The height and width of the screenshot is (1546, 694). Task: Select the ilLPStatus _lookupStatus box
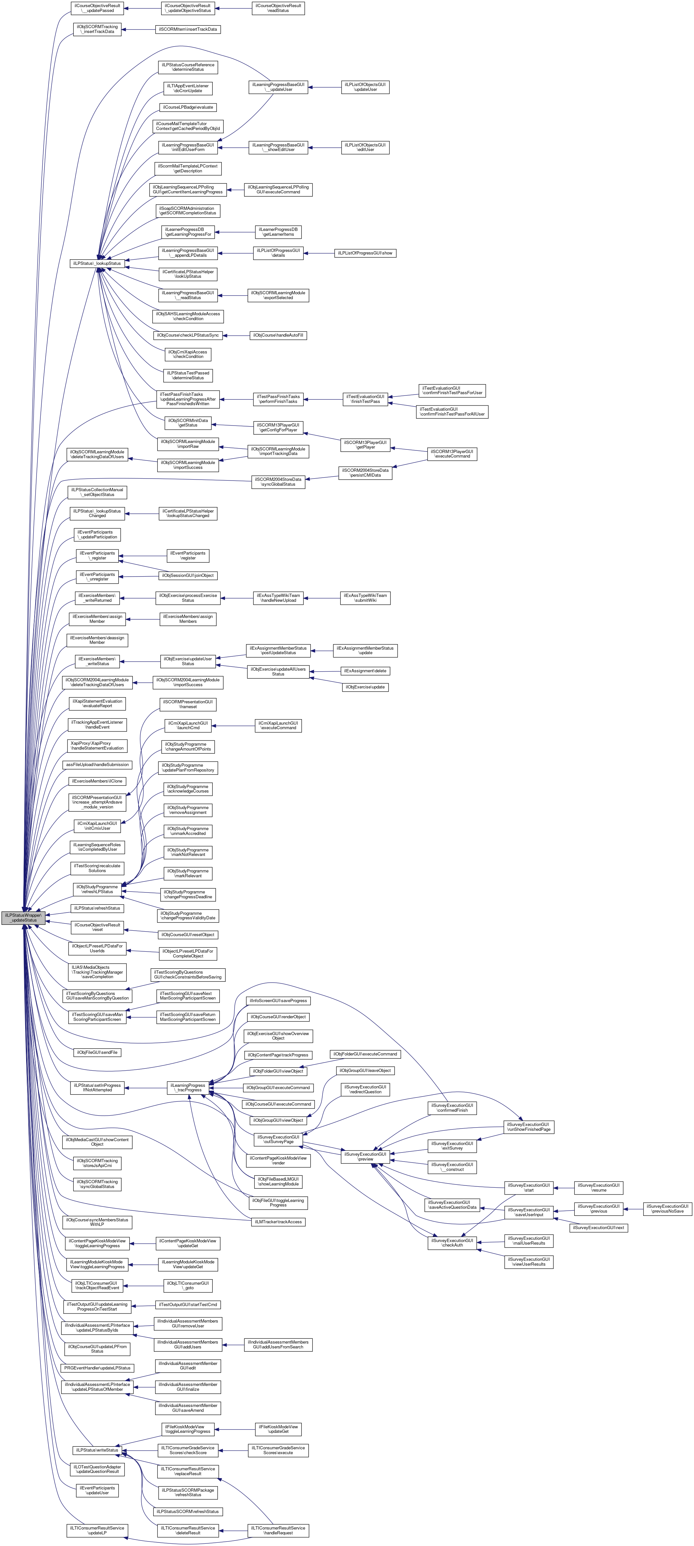point(97,263)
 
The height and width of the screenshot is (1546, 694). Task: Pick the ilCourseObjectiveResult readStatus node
point(278,8)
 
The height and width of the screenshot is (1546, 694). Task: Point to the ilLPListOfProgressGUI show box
point(365,253)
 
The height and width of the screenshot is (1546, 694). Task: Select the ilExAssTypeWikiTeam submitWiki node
point(365,598)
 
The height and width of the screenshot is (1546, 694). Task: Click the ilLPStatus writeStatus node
point(97,1450)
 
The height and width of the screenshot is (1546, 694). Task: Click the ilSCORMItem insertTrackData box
point(188,29)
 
